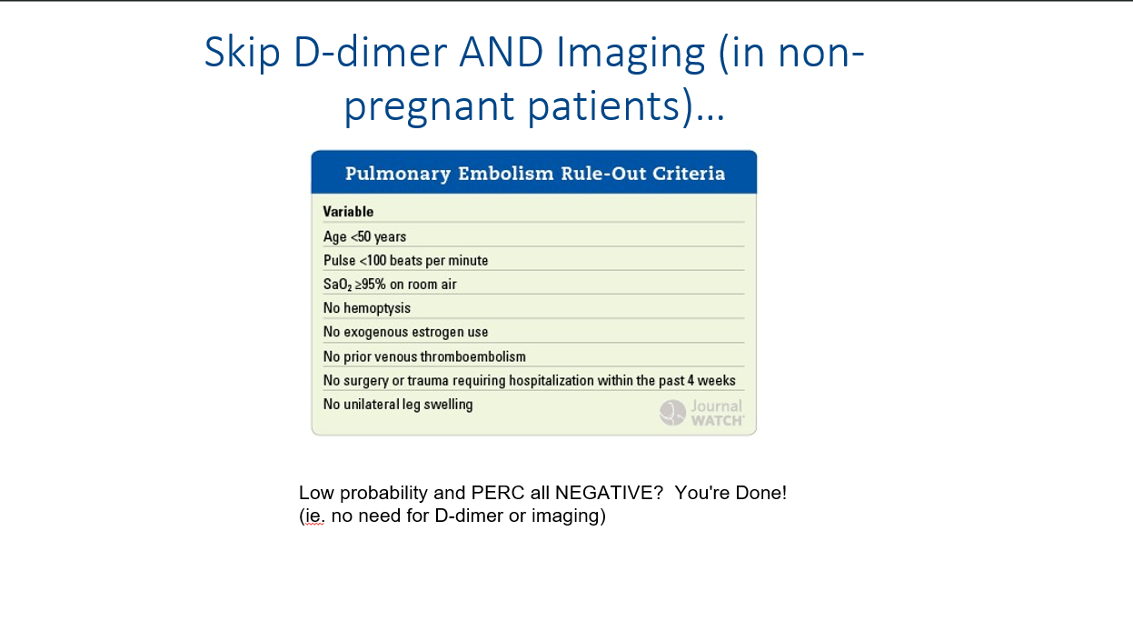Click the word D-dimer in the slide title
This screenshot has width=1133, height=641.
point(371,52)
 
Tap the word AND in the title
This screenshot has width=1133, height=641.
point(501,52)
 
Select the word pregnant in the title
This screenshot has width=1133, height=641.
point(430,107)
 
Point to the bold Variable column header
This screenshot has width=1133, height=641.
point(349,212)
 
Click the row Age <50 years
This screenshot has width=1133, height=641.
point(364,236)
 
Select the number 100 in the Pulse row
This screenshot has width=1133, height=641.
point(376,260)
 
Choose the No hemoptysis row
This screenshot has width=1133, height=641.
point(367,308)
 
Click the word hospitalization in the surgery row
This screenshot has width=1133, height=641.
point(552,380)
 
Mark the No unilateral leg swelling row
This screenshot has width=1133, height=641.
point(398,404)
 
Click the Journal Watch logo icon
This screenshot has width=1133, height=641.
point(672,413)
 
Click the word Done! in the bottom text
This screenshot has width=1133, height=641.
point(760,493)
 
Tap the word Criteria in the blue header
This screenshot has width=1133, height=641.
point(689,174)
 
